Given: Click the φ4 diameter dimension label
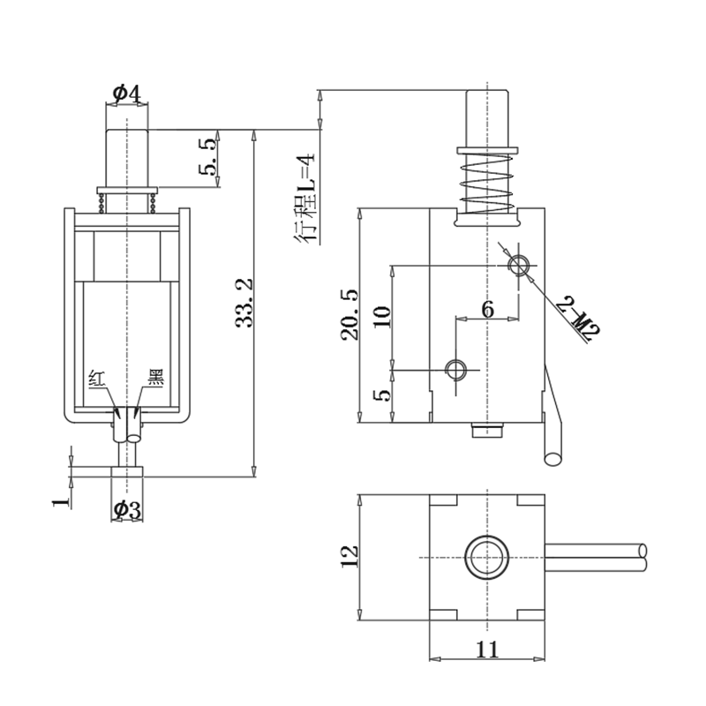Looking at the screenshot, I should (x=127, y=93).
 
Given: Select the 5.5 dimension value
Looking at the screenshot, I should (x=210, y=157).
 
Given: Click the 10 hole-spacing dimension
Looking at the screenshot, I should (x=381, y=316).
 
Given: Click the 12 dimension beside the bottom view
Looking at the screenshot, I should (x=349, y=554).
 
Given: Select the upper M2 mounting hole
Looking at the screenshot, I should (x=519, y=265).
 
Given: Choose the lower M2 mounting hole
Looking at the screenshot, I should (x=455, y=367).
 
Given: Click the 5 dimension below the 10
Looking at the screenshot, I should (x=381, y=394).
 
